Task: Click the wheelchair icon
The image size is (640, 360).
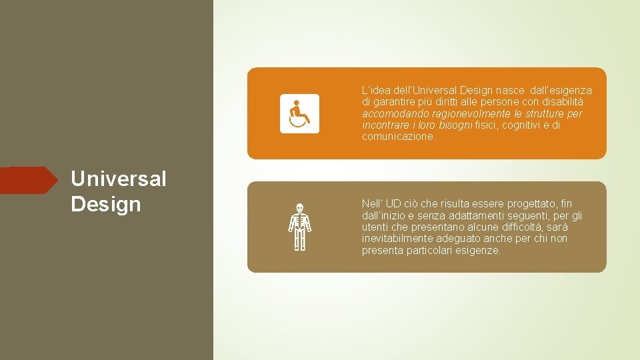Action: coord(299,113)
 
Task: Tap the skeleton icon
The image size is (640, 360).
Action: coord(299,227)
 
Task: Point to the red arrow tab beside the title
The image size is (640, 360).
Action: coord(30,180)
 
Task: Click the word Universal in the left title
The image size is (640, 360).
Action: coord(118,179)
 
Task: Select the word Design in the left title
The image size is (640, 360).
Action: coord(105,204)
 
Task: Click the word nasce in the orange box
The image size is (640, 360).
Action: coord(509,91)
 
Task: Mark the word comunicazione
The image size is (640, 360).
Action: coord(398,137)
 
